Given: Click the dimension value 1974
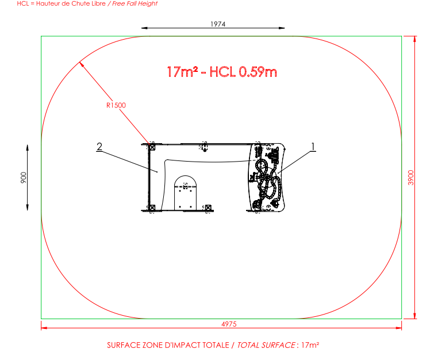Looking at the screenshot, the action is click(x=218, y=24).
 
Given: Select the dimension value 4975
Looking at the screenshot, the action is click(x=229, y=324).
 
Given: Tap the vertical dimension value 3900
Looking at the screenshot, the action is click(x=411, y=178).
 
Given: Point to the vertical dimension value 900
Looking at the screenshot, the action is click(x=24, y=178).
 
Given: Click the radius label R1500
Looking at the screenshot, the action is click(x=116, y=105).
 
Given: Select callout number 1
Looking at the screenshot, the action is click(x=313, y=147).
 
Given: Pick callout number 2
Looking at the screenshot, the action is click(x=99, y=147).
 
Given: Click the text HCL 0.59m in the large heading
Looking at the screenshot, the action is click(x=243, y=72).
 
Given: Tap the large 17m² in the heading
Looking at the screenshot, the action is click(x=182, y=72).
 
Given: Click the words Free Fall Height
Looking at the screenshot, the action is click(x=135, y=3).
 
